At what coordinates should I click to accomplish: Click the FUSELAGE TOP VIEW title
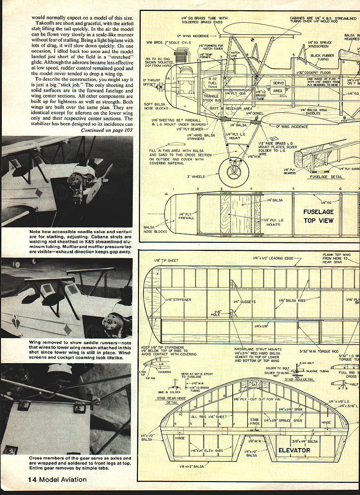(318, 216)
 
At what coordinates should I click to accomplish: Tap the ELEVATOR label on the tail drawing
(294, 450)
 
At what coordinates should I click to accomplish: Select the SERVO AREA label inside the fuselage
(278, 87)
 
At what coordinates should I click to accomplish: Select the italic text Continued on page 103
(106, 130)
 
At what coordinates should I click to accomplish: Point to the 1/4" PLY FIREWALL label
(186, 217)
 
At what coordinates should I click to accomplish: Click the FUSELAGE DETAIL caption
(321, 176)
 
